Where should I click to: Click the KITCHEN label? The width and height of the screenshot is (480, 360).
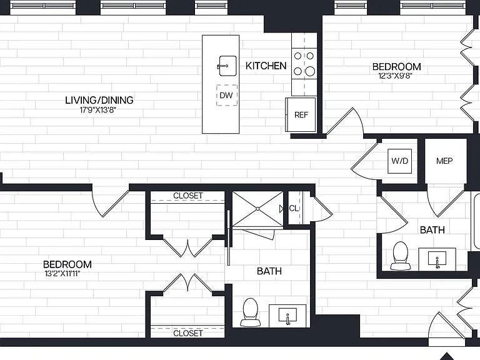pos(266,66)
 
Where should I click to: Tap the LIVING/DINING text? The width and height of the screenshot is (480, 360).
pos(99,100)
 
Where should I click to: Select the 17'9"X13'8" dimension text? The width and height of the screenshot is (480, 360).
pos(98,110)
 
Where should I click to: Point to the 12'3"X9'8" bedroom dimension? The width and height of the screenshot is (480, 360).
pos(395,76)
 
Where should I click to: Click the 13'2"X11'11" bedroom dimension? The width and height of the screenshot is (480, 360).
pos(62,273)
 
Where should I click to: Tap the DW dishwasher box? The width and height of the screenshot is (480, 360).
pos(227,95)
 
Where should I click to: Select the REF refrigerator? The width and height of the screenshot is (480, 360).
pos(301,115)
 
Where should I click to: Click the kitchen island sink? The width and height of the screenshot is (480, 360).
pos(227,66)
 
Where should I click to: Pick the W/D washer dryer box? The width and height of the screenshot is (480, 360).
pos(399,161)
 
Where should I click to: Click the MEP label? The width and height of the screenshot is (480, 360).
pos(444,161)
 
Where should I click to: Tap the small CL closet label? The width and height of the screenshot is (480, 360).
pos(294,209)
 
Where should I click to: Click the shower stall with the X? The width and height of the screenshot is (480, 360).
pos(257,209)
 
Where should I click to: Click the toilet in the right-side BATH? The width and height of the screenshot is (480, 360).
pos(401,256)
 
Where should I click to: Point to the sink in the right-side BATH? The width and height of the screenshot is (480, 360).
pos(437,259)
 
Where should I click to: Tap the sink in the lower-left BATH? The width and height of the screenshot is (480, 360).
pos(287,316)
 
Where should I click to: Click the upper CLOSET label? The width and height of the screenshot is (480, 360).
pos(188,196)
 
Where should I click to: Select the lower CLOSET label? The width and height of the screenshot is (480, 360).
pos(188,333)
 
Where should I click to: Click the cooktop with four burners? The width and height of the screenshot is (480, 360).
pos(304,64)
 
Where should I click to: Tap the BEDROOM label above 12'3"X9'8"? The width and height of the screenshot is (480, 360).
pos(396,67)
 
